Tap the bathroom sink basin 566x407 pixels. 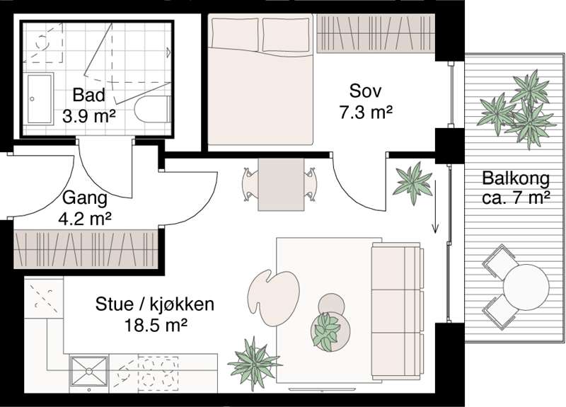pyautogui.click(x=40, y=98)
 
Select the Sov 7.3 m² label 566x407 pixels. pyautogui.click(x=366, y=101)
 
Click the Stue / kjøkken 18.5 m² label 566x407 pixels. pyautogui.click(x=155, y=315)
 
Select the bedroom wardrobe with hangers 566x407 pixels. pyautogui.click(x=376, y=33)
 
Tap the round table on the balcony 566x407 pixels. pyautogui.click(x=526, y=286)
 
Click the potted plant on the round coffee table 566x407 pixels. pyautogui.click(x=327, y=329)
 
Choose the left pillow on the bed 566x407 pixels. pyautogui.click(x=236, y=33)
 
